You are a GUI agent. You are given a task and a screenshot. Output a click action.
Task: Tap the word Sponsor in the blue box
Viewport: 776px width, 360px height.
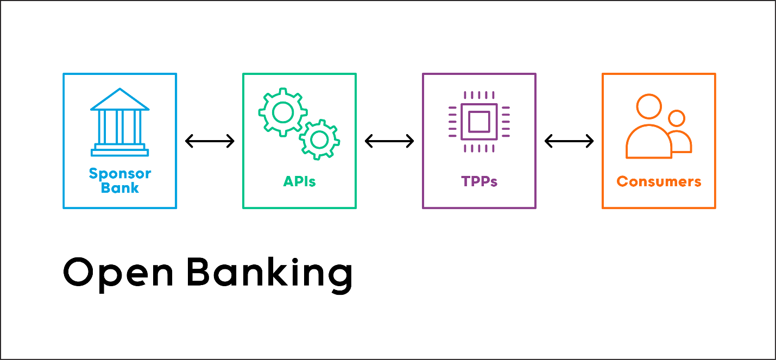(120, 174)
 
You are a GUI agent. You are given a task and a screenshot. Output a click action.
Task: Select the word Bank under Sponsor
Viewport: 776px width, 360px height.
(120, 188)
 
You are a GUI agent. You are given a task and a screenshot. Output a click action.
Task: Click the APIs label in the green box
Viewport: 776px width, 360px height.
(299, 181)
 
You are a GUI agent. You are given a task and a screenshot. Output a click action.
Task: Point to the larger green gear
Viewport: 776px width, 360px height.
(282, 113)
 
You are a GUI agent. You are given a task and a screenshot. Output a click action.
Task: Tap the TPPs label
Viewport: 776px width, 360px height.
(479, 181)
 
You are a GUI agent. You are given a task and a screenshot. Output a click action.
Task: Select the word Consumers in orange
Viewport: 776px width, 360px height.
(659, 181)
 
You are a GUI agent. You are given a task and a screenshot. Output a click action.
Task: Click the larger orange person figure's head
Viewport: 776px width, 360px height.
(649, 107)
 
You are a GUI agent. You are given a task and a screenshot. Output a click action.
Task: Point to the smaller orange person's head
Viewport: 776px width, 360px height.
(677, 118)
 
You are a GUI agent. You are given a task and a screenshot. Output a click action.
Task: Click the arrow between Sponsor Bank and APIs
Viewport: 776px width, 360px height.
(210, 141)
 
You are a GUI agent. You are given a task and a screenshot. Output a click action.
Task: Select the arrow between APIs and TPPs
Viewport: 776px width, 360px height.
(389, 141)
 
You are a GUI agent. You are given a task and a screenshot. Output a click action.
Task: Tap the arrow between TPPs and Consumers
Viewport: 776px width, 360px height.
(569, 141)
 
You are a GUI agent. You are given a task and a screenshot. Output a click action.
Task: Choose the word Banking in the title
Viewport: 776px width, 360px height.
(270, 273)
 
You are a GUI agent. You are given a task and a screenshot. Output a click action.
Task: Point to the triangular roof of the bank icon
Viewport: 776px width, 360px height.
(119, 100)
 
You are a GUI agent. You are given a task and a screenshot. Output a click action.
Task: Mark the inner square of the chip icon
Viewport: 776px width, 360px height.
(479, 121)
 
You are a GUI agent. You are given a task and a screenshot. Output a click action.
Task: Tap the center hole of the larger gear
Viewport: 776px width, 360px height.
(282, 113)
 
